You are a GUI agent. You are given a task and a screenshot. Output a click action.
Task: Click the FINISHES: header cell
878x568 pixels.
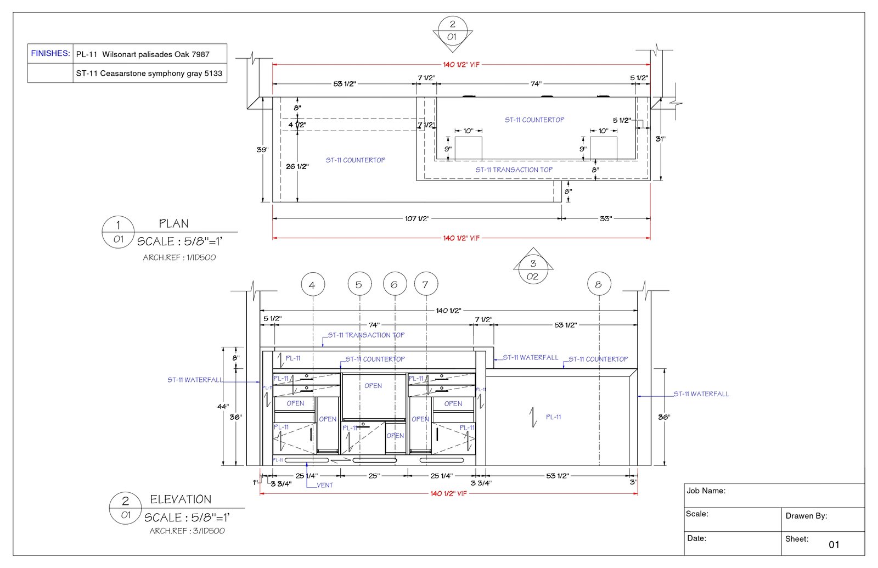pyautogui.click(x=50, y=53)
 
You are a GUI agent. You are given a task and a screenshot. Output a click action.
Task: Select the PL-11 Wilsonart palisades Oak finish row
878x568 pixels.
pyautogui.click(x=143, y=54)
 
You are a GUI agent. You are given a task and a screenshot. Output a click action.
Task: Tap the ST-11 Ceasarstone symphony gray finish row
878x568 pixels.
pyautogui.click(x=149, y=73)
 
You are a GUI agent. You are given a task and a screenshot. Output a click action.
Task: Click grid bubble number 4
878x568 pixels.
pyautogui.click(x=312, y=285)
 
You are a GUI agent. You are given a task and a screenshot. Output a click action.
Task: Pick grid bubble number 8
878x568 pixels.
pyautogui.click(x=599, y=284)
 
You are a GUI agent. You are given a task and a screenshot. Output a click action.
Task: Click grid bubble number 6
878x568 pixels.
pyautogui.click(x=394, y=284)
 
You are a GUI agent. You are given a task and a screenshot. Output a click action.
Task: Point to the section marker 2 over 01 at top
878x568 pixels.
pyautogui.click(x=452, y=30)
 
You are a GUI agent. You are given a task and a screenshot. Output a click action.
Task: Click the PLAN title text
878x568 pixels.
pyautogui.click(x=173, y=223)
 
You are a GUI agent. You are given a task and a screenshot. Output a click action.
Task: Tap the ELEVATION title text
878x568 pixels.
pyautogui.click(x=181, y=499)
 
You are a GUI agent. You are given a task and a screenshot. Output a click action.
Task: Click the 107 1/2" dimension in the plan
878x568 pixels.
pyautogui.click(x=417, y=218)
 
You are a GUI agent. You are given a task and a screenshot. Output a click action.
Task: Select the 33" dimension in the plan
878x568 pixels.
pyautogui.click(x=605, y=218)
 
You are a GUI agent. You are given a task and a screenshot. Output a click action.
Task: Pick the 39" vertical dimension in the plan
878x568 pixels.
pyautogui.click(x=262, y=149)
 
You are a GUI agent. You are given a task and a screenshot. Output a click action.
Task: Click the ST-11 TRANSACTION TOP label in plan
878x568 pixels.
pyautogui.click(x=514, y=170)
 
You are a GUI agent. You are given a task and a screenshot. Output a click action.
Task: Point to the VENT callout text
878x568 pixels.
pyautogui.click(x=325, y=485)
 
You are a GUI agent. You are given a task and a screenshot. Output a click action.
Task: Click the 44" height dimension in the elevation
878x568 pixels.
pyautogui.click(x=222, y=406)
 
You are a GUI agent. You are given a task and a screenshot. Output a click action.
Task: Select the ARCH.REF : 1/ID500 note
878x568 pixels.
pyautogui.click(x=179, y=257)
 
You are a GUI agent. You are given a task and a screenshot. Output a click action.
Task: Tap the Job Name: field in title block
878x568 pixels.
pyautogui.click(x=706, y=491)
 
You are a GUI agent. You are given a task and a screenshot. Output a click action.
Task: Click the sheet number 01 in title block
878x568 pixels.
pyautogui.click(x=834, y=544)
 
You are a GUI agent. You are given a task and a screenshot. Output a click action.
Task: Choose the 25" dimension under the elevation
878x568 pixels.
pyautogui.click(x=374, y=476)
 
